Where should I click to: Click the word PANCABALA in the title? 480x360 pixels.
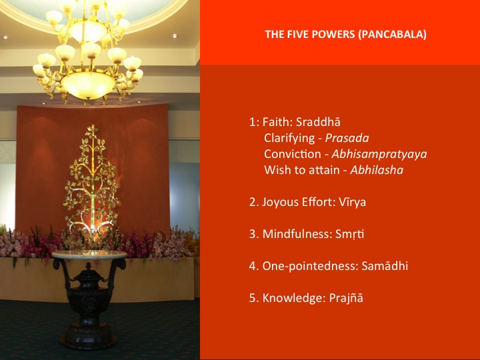pyautogui.click(x=392, y=34)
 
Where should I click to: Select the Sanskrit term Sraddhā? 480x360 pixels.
pyautogui.click(x=318, y=122)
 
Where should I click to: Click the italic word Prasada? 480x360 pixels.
pyautogui.click(x=347, y=138)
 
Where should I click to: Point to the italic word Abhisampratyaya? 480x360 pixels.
pyautogui.click(x=379, y=154)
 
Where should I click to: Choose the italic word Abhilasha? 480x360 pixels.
pyautogui.click(x=377, y=170)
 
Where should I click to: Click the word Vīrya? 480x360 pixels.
pyautogui.click(x=352, y=203)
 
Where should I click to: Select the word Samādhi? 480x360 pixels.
pyautogui.click(x=385, y=266)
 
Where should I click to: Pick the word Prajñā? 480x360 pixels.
pyautogui.click(x=346, y=298)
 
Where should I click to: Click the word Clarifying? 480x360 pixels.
pyautogui.click(x=289, y=139)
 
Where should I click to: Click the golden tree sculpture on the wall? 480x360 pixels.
pyautogui.click(x=91, y=181)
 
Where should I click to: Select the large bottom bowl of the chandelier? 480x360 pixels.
pyautogui.click(x=88, y=85)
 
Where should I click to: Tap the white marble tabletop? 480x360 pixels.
pyautogui.click(x=89, y=255)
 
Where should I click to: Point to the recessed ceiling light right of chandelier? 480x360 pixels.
pyautogui.click(x=175, y=36)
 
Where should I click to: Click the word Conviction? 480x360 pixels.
pyautogui.click(x=293, y=154)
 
